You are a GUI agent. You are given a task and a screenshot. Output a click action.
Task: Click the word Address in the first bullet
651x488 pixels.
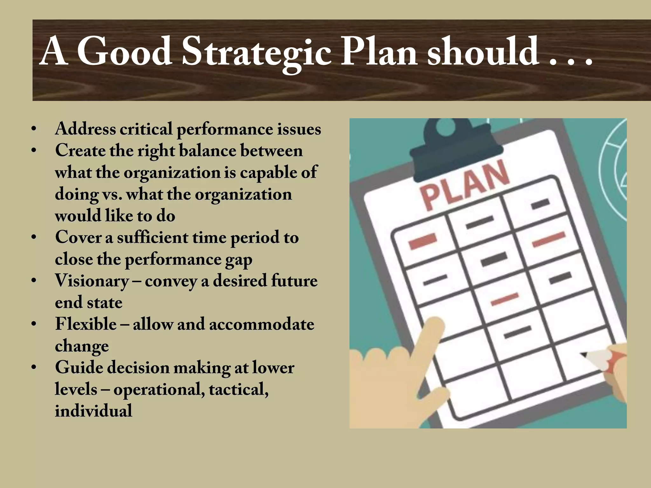click(x=86, y=129)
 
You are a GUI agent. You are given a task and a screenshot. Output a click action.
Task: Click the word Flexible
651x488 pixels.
click(x=86, y=324)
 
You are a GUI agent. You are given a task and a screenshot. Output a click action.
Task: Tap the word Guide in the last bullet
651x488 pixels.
click(x=80, y=368)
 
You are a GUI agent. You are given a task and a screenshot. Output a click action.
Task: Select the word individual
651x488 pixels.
click(x=93, y=411)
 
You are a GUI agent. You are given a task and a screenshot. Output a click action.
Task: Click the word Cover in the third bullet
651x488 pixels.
click(x=78, y=237)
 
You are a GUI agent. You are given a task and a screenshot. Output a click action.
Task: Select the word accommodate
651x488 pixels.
click(x=262, y=324)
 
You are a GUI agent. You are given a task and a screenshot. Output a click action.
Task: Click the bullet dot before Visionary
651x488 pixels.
click(x=34, y=281)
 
